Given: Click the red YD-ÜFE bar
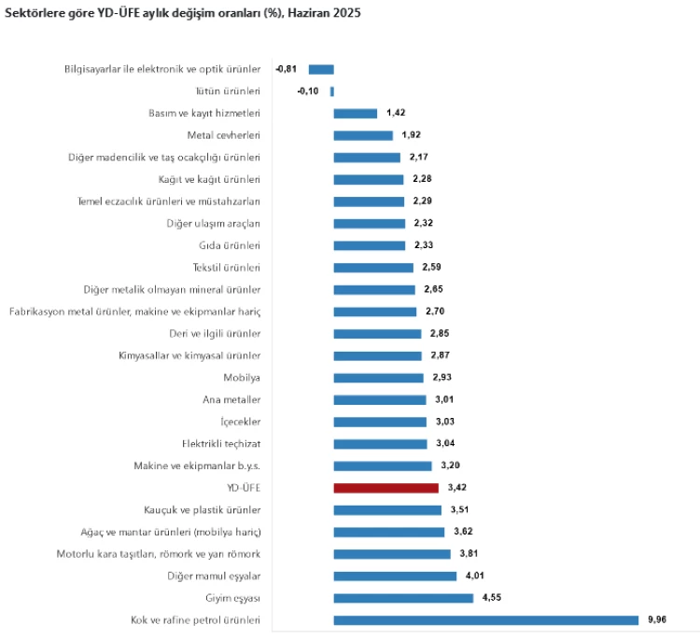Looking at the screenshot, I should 385,488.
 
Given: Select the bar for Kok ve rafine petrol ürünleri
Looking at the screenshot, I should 485,620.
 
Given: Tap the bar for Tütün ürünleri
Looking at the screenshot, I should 331,91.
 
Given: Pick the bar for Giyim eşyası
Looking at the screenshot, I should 403,598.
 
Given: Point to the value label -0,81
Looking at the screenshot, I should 287,69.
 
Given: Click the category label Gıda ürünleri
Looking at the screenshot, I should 230,245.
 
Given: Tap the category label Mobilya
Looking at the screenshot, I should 242,378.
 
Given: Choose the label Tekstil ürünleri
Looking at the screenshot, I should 227,268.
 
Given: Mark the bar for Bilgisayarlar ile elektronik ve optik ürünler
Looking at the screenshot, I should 321,69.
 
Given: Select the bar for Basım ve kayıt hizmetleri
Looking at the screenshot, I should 355,113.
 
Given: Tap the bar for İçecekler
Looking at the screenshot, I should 380,422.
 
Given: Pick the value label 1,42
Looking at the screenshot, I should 396,113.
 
